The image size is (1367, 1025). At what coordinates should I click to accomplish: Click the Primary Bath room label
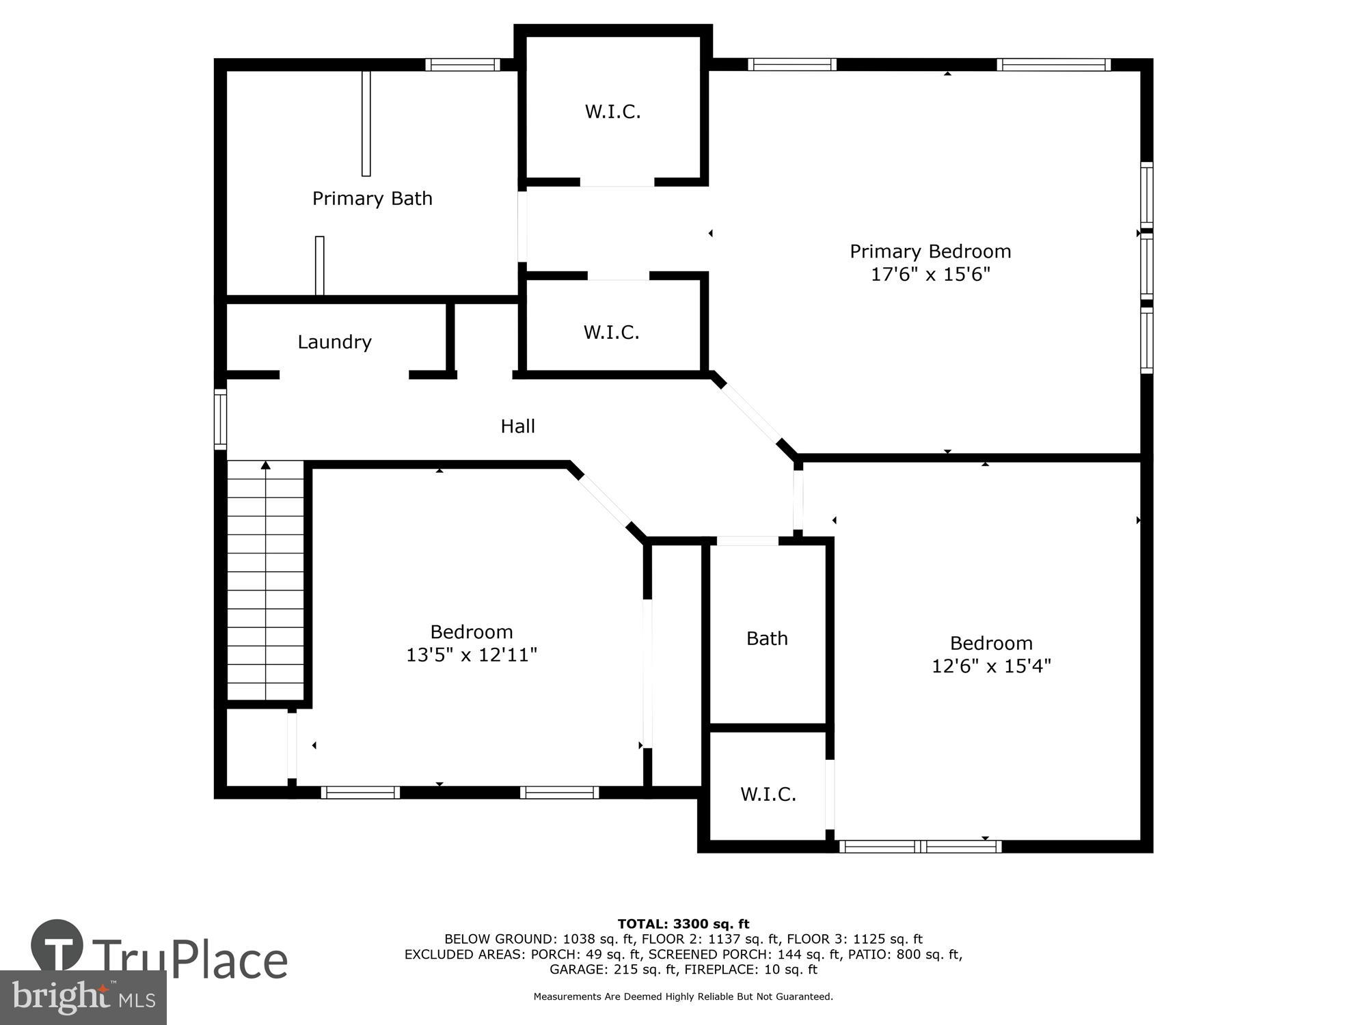point(373,199)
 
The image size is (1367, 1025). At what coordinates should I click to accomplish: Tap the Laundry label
point(334,342)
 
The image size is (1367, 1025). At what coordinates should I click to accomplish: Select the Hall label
point(517,426)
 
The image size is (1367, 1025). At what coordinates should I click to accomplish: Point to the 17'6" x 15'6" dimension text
point(930,275)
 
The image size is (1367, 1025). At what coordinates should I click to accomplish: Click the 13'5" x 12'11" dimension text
point(472,655)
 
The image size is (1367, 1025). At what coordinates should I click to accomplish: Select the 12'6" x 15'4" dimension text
point(991,666)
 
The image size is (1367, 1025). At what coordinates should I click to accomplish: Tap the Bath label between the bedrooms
point(767,638)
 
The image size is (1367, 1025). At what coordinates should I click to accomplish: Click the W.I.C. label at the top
point(612,112)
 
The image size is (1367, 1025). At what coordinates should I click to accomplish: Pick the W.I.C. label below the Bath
point(768,794)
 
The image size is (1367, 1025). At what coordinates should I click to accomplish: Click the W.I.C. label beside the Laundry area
point(611,333)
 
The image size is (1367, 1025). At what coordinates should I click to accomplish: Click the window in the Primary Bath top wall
point(463,65)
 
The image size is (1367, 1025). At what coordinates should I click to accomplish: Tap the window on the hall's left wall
point(220,419)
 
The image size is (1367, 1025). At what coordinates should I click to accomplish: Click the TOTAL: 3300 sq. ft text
point(683,925)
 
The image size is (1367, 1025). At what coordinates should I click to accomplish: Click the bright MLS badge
point(83,998)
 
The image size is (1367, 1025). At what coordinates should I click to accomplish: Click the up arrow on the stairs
point(265,466)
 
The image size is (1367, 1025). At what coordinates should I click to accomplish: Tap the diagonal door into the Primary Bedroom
point(753,415)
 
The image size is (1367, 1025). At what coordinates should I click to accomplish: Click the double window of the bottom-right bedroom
point(920,847)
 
